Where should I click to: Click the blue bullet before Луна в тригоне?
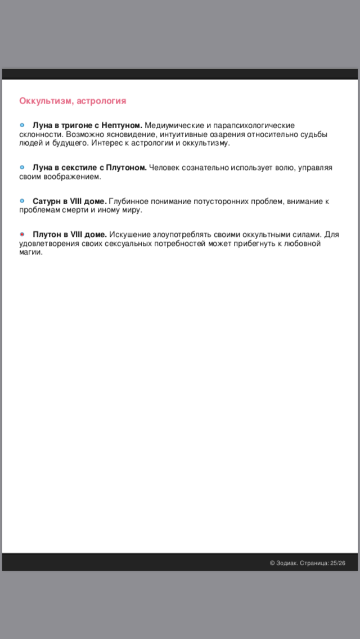point(22,125)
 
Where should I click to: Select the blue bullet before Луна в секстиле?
point(22,167)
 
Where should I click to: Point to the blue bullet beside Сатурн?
point(22,201)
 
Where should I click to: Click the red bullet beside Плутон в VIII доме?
point(22,234)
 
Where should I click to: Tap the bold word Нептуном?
point(121,125)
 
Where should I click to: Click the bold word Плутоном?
point(126,168)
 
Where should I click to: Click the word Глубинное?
point(127,201)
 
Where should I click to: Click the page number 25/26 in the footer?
point(337,562)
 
